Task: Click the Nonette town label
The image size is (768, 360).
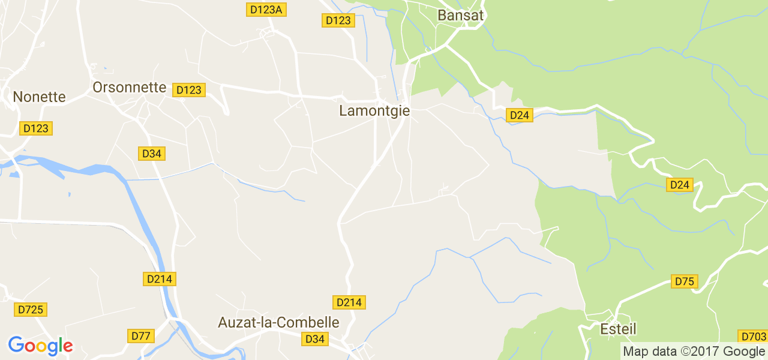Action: point(39,97)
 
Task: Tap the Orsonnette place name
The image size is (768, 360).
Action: point(129,88)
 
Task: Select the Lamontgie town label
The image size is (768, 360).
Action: point(374,111)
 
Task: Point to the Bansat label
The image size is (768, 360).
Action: point(461,16)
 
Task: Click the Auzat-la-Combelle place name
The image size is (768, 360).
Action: point(278,323)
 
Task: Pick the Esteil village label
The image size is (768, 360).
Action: point(618,329)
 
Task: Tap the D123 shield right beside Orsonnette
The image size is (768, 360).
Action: point(189,90)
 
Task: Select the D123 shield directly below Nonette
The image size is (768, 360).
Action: point(36,128)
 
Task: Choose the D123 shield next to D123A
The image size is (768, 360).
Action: point(338,20)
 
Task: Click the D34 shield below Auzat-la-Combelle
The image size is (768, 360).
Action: point(315,339)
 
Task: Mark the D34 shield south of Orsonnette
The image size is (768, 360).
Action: point(152,154)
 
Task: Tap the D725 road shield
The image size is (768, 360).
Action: point(31,310)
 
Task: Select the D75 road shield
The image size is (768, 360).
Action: point(684,281)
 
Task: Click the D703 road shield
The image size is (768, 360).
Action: point(752,337)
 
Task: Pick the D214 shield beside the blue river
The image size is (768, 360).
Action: point(160,278)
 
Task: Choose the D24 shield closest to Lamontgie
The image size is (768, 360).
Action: point(520,115)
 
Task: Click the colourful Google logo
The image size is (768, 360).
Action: point(40,346)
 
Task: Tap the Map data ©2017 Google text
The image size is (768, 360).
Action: point(694,352)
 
